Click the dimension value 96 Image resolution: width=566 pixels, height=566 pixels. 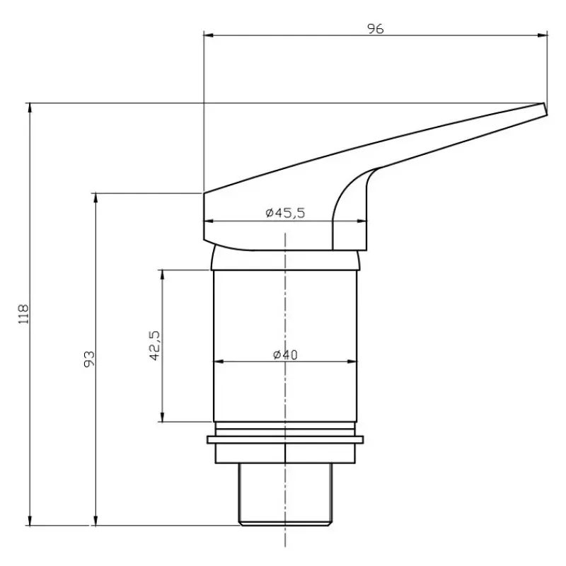pyautogui.click(x=376, y=28)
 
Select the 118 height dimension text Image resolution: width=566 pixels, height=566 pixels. pyautogui.click(x=23, y=314)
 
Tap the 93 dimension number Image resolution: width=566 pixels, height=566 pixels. pyautogui.click(x=89, y=359)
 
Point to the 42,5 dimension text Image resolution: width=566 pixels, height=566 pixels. pyautogui.click(x=154, y=345)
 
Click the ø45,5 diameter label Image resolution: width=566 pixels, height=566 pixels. pyautogui.click(x=285, y=213)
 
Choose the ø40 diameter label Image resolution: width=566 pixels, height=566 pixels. pyautogui.click(x=285, y=355)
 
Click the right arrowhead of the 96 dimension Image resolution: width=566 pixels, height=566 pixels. pyautogui.click(x=543, y=35)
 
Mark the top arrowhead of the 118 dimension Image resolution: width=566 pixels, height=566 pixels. pyautogui.click(x=30, y=108)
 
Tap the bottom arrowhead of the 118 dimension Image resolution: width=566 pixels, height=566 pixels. pyautogui.click(x=30, y=520)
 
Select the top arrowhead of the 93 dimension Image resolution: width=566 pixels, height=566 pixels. pyautogui.click(x=96, y=198)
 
